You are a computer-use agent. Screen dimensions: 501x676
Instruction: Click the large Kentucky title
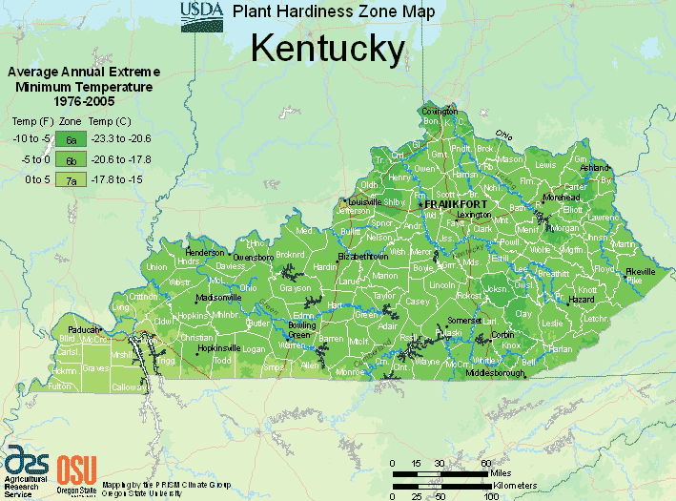point(328,49)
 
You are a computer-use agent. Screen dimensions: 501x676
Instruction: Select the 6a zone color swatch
point(71,138)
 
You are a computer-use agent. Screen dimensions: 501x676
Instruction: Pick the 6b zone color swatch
point(71,158)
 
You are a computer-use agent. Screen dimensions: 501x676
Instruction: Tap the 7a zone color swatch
point(71,178)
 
